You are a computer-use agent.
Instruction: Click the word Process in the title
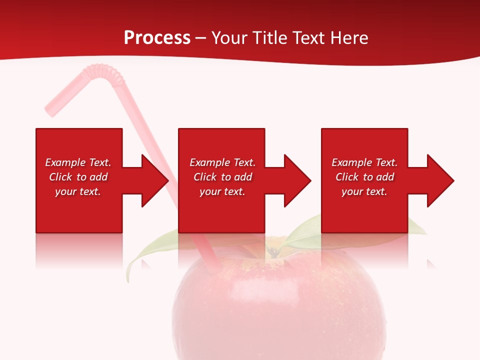(157, 37)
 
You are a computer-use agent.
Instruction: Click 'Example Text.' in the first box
(78, 162)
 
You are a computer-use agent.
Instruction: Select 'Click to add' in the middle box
(222, 177)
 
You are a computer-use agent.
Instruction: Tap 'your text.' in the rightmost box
(364, 191)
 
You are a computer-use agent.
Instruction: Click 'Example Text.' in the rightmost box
(364, 162)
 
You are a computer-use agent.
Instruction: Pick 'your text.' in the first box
(78, 191)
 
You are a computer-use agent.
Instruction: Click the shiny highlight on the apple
(250, 287)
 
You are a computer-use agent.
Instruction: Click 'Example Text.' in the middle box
(222, 162)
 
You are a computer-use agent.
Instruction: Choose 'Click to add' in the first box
(78, 177)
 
